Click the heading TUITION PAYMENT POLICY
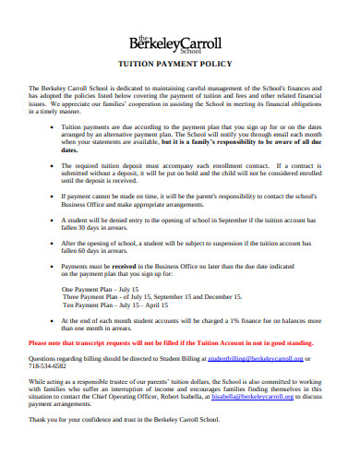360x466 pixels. click(179, 66)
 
